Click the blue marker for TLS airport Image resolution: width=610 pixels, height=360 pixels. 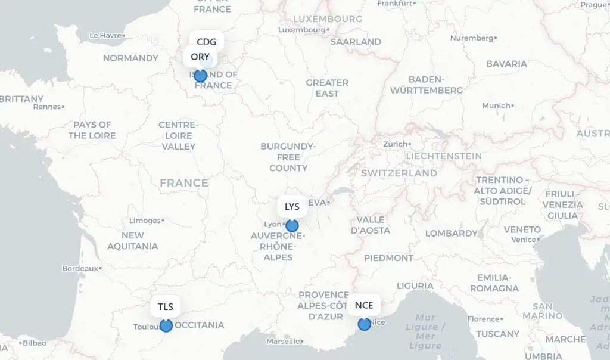166,325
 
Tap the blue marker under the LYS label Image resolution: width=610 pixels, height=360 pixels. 292,226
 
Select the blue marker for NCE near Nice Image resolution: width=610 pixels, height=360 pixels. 364,324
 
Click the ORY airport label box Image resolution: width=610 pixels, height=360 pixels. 200,57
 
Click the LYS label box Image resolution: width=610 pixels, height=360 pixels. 292,207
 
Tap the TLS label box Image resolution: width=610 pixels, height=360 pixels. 166,306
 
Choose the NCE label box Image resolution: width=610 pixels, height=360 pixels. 363,305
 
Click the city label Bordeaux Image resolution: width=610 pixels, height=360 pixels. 80,268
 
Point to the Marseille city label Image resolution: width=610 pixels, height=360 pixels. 283,342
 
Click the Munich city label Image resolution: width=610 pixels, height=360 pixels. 496,105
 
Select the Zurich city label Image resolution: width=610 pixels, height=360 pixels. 395,144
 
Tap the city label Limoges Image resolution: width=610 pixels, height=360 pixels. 145,221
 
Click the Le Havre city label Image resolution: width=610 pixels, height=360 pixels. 105,35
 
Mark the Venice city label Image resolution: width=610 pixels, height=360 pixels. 523,240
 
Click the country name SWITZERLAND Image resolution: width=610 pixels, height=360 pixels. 399,173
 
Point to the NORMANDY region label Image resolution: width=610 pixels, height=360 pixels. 130,58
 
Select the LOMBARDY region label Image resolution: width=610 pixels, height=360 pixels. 452,234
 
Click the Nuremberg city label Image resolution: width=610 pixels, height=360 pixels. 472,38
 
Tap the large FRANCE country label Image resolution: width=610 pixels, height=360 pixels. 184,183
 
